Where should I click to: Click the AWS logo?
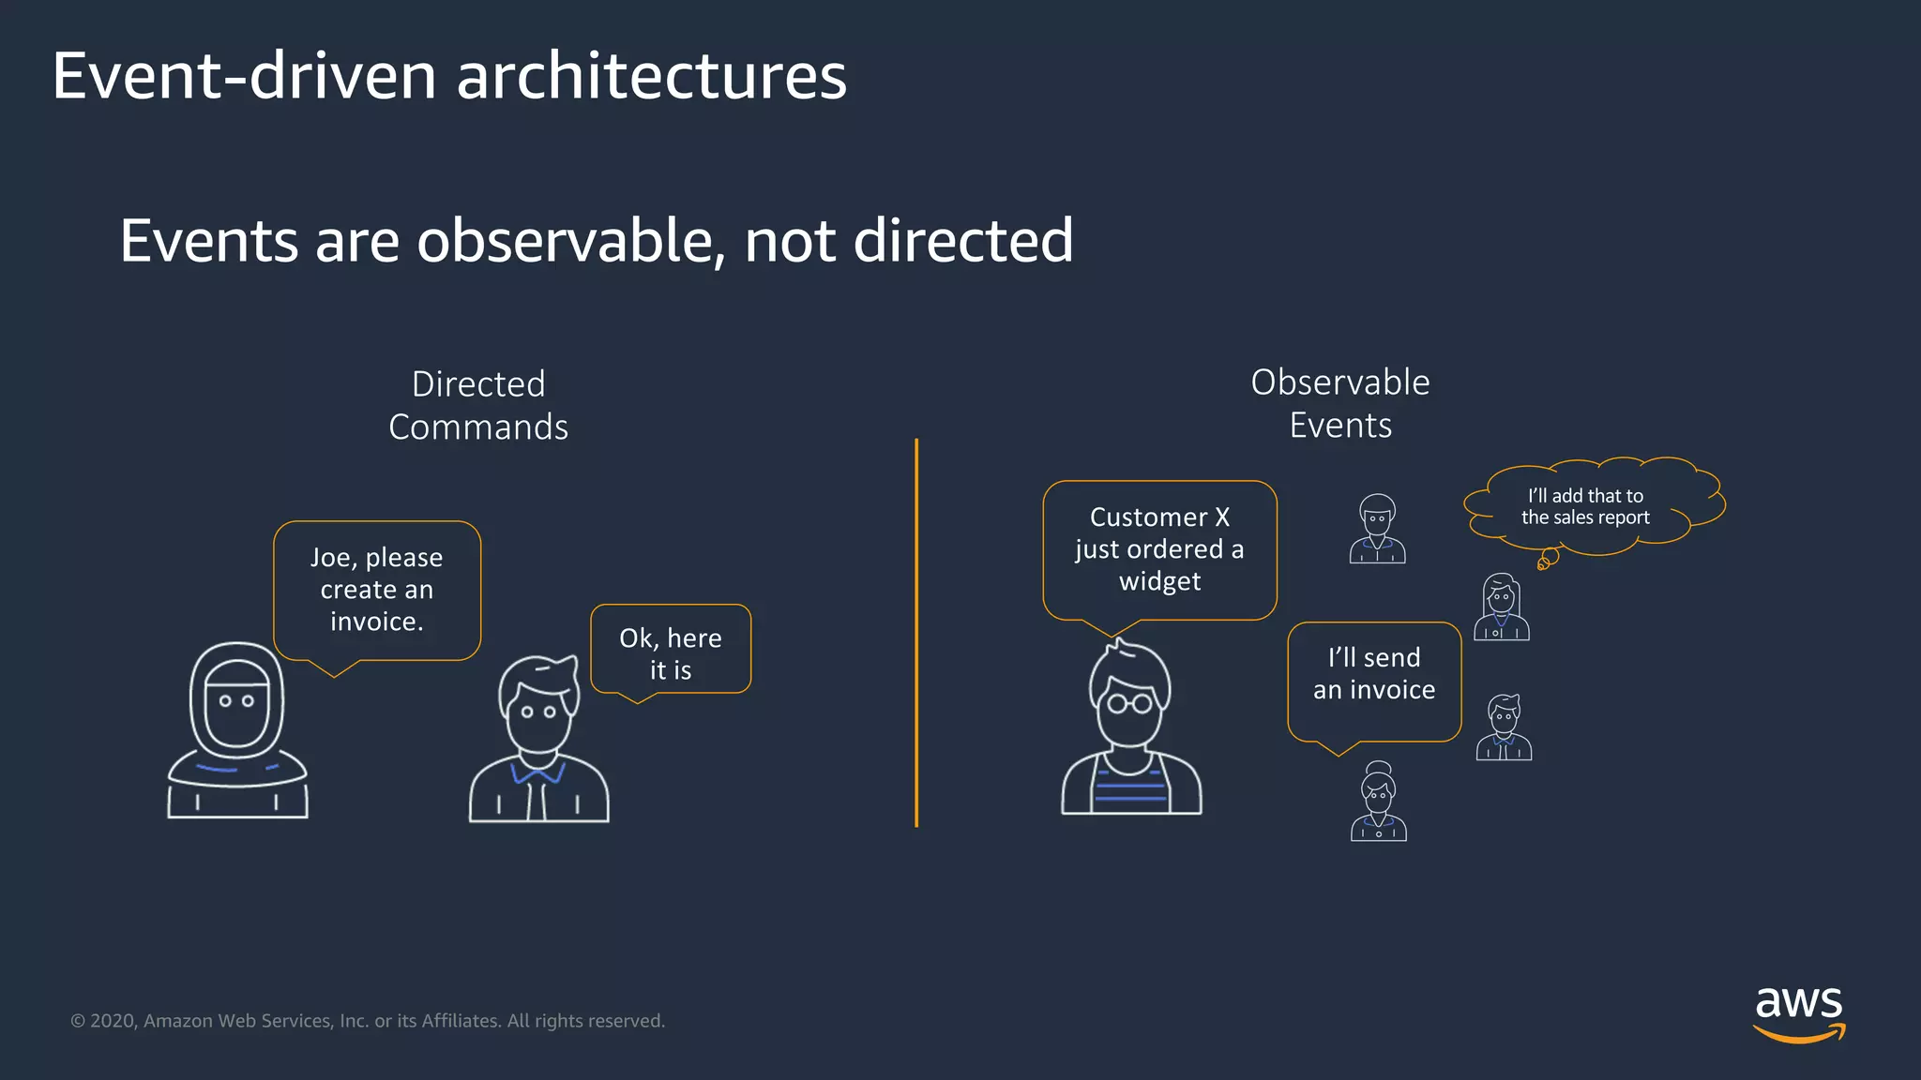click(x=1798, y=1012)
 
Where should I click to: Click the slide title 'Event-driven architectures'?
click(x=449, y=76)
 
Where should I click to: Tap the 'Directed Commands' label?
click(x=478, y=405)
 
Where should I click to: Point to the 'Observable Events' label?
click(x=1340, y=403)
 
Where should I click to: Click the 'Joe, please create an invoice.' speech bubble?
click(x=377, y=590)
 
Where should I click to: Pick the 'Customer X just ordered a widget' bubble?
click(x=1159, y=549)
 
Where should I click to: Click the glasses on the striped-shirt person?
click(x=1129, y=702)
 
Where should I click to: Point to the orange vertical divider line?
click(x=916, y=633)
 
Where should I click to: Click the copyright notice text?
click(x=368, y=1021)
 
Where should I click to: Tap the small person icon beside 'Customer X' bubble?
click(x=1377, y=530)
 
